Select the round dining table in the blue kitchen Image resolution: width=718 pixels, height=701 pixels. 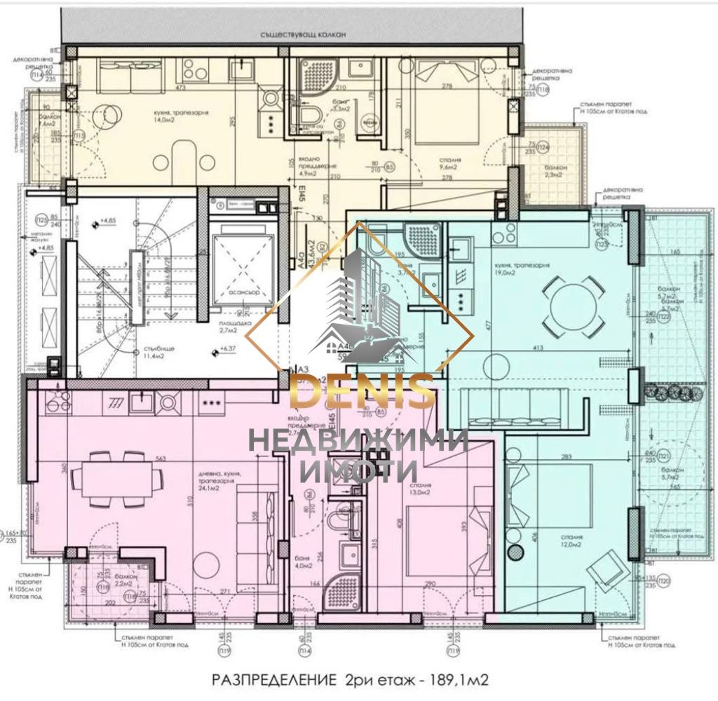point(577,306)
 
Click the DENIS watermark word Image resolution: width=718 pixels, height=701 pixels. point(362,392)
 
